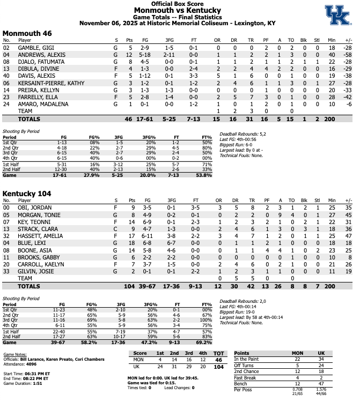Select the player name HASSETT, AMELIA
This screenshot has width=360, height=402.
pos(35,235)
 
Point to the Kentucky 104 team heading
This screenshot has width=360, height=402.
pos(29,193)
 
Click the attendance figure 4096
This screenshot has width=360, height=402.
pos(32,364)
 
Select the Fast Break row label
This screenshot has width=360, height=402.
pos(246,377)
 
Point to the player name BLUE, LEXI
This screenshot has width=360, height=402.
pos(28,242)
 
